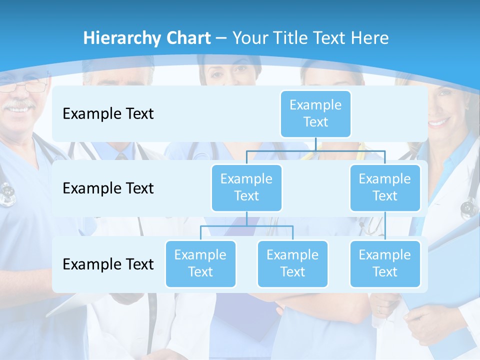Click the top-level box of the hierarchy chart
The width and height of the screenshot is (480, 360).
click(315, 113)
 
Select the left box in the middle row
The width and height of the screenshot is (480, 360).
click(246, 187)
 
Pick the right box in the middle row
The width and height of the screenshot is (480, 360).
click(385, 187)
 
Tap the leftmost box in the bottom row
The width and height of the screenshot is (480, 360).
click(200, 263)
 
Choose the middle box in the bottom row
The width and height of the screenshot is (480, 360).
click(292, 263)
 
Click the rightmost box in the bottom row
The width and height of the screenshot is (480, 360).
click(385, 263)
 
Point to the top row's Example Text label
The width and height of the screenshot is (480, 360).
click(108, 114)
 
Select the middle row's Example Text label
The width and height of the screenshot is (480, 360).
click(108, 188)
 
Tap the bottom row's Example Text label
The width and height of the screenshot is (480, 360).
click(108, 264)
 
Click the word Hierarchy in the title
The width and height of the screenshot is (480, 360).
click(121, 38)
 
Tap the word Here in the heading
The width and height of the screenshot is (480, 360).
click(369, 38)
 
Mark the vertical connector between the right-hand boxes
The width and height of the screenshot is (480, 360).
click(385, 225)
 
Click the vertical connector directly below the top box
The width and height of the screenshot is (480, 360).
click(315, 144)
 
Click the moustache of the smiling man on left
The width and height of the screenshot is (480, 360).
click(20, 105)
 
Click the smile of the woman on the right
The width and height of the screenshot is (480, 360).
click(439, 121)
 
